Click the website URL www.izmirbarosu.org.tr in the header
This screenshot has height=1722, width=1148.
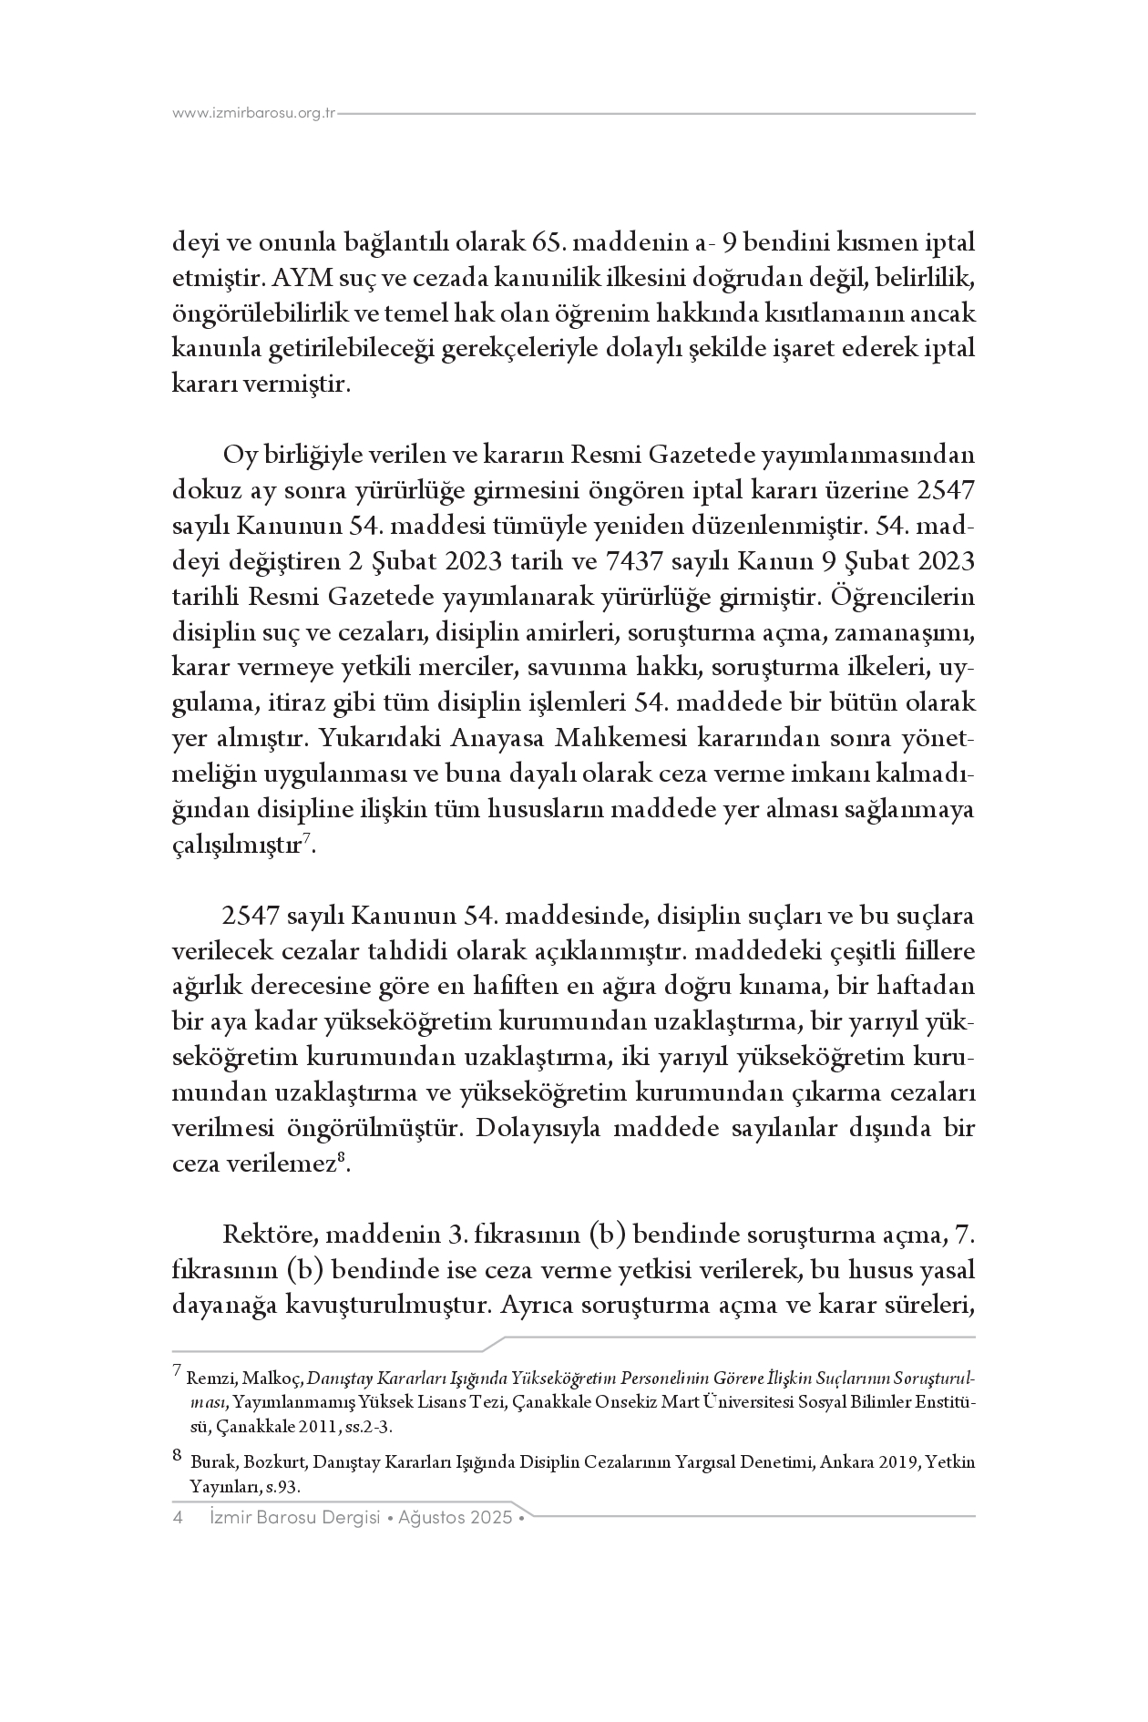coord(254,114)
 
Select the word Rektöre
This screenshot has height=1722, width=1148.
coord(269,1235)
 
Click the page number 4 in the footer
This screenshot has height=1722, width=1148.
coord(179,1519)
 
